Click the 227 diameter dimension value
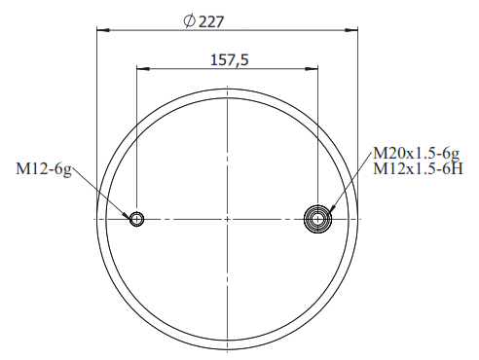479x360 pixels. coord(211,22)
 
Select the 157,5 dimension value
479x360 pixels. coord(230,60)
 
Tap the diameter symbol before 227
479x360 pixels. coord(189,21)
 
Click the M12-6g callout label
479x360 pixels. coord(44,169)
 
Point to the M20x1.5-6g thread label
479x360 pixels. coord(417,153)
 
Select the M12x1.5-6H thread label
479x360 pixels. coord(418,168)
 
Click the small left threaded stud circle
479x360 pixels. coord(136,219)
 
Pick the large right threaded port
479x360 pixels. coord(317,219)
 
